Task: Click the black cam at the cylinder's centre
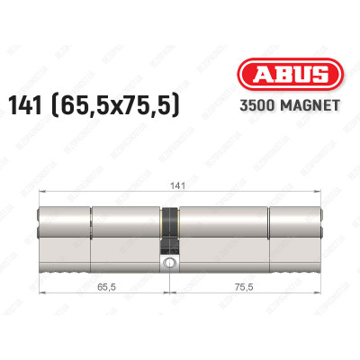[171, 230]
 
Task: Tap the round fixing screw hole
[171, 263]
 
